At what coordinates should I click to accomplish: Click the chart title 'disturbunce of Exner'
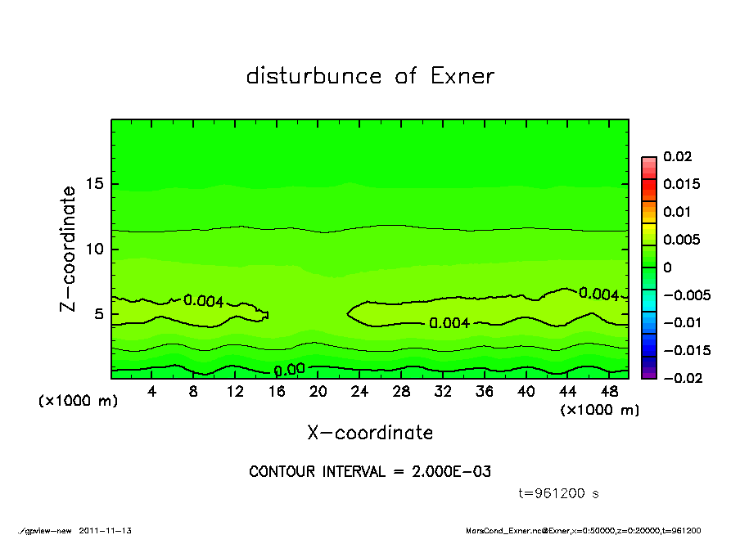tap(370, 76)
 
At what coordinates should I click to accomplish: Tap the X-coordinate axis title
tap(370, 432)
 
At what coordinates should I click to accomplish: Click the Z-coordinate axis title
tap(68, 249)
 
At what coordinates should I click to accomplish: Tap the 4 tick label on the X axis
tap(152, 392)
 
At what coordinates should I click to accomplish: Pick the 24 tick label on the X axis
tap(359, 392)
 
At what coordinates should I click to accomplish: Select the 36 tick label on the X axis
tap(484, 392)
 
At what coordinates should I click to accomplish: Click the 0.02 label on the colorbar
tap(678, 156)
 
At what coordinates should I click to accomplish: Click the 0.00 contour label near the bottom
tap(290, 369)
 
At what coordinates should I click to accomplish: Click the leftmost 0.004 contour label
tap(204, 301)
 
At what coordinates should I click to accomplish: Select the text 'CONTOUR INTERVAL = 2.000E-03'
tap(370, 472)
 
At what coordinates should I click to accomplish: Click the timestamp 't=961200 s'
tap(559, 493)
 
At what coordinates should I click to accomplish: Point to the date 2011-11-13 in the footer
tap(106, 530)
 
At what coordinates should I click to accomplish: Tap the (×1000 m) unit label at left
tap(74, 402)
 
